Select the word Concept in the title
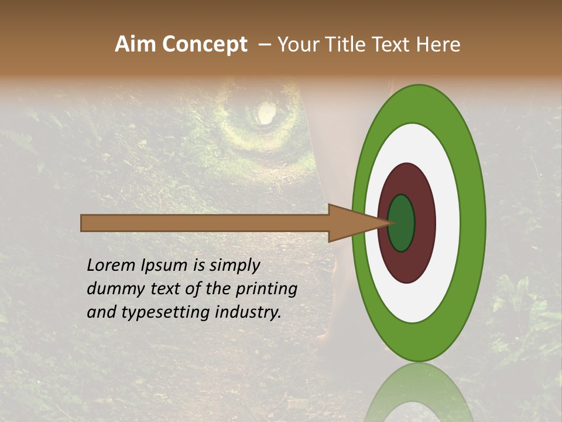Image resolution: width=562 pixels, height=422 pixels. (205, 45)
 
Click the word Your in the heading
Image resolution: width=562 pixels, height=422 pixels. (297, 45)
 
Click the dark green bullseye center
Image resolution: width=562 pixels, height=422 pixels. (402, 223)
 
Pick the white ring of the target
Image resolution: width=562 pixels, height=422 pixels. (447, 223)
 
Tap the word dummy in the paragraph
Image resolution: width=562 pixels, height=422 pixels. (114, 289)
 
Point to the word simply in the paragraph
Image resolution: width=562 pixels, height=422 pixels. (234, 266)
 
